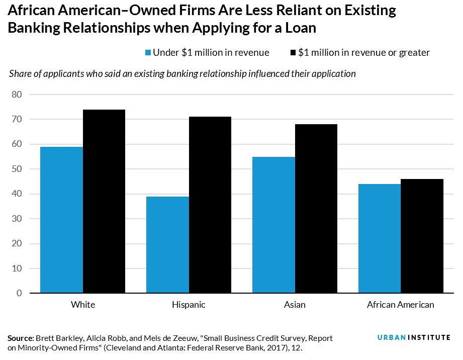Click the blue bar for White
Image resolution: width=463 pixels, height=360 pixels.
61,220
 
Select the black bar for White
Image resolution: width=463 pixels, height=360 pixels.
104,201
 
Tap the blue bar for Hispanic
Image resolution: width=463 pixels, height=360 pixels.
167,245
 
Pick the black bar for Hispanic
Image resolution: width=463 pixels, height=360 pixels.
210,205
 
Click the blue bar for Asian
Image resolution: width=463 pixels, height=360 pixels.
273,225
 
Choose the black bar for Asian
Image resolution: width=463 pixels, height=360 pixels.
316,209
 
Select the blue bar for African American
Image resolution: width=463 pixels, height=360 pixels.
380,238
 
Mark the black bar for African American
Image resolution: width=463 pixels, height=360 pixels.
422,236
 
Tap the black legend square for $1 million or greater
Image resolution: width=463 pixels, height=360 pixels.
293,53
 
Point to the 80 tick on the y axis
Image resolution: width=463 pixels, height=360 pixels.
18,95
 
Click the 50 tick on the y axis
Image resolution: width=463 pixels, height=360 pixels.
18,169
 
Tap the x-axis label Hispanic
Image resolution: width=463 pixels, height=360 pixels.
189,305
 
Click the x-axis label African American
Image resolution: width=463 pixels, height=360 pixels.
401,305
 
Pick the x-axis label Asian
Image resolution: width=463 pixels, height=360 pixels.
295,305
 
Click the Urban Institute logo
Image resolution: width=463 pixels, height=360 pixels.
414,337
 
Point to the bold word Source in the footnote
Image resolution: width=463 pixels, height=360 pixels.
21,338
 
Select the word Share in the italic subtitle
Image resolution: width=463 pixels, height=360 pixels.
20,74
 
